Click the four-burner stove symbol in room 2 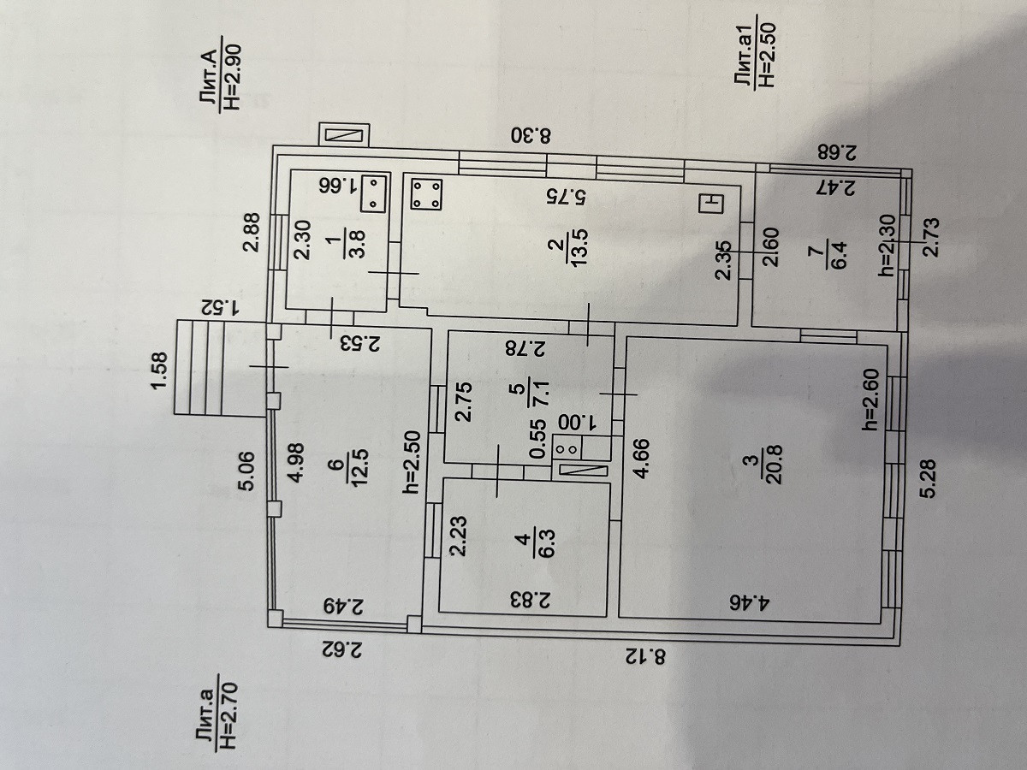tap(425, 194)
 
